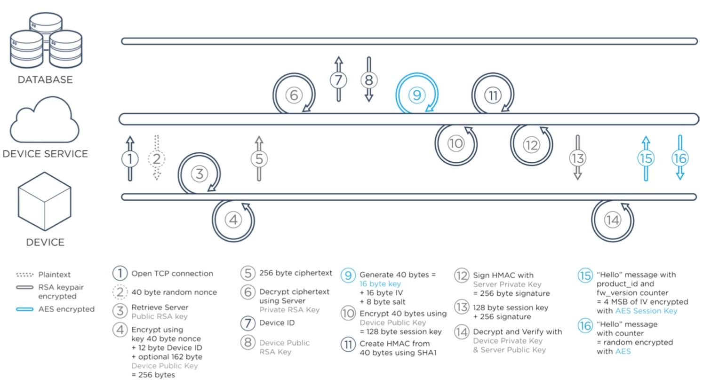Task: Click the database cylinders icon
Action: tap(46, 40)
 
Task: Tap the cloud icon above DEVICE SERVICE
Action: tap(44, 120)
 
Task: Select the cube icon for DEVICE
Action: tap(44, 201)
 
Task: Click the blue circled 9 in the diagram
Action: tap(417, 95)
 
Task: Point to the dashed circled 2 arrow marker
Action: tap(157, 158)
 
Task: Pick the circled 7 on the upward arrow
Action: tap(338, 80)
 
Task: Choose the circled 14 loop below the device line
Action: tap(612, 220)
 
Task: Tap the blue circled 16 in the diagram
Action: tap(680, 158)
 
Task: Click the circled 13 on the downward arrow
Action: tap(577, 158)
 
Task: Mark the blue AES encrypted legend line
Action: tap(25, 309)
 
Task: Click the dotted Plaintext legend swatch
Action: tap(25, 275)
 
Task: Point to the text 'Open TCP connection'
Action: tap(172, 274)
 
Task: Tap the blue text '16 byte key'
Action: tap(380, 284)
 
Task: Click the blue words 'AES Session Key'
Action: tap(646, 311)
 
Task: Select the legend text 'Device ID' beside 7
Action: tap(277, 323)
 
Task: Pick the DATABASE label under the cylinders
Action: tap(45, 79)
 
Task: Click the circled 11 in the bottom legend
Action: tap(348, 345)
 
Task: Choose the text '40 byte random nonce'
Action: tap(174, 292)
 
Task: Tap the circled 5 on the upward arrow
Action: tap(259, 158)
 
